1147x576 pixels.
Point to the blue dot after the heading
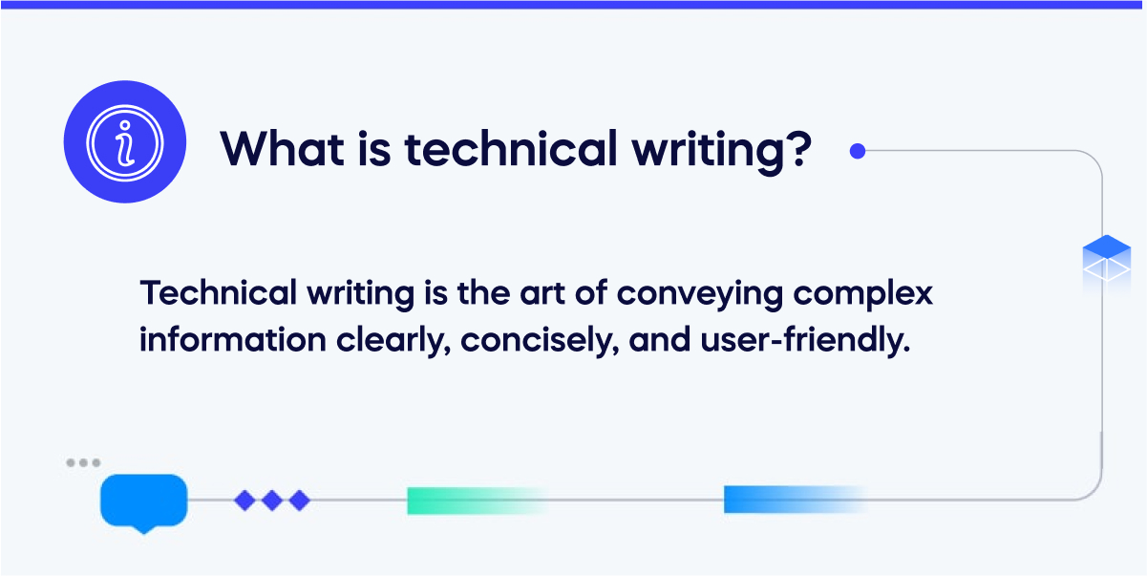(858, 150)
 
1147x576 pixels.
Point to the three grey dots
(83, 463)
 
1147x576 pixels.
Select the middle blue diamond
(272, 500)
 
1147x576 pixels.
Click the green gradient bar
(473, 501)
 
